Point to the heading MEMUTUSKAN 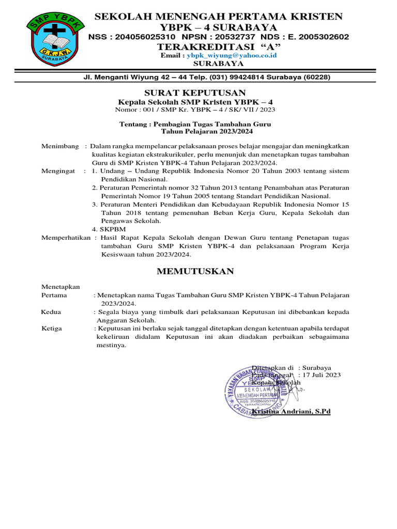195,271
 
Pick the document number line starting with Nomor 195,110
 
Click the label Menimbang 60,146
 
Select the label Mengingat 58,170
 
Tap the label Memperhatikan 66,238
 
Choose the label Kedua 51,312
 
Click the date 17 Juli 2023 322,375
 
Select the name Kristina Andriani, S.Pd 291,411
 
